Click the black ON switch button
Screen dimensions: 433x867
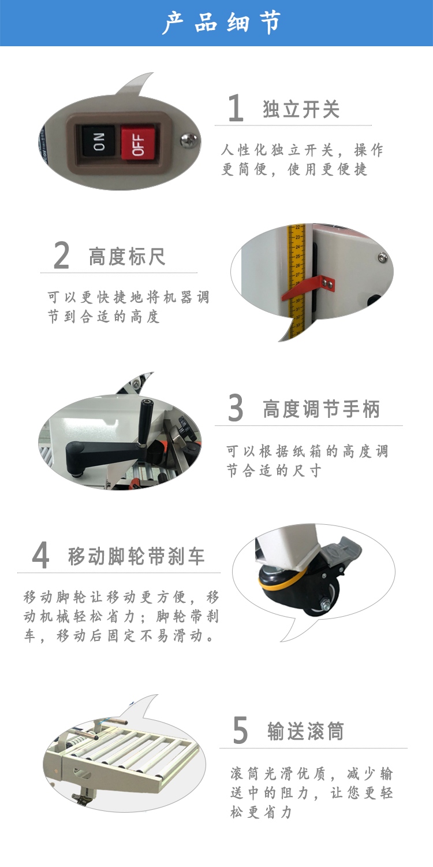click(99, 141)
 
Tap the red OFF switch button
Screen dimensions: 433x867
click(137, 142)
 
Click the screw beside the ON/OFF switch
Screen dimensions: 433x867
click(187, 139)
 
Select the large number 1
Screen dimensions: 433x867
click(236, 108)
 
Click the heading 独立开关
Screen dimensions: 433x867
click(301, 109)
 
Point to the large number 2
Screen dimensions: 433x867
click(61, 255)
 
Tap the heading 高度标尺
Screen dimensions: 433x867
click(127, 257)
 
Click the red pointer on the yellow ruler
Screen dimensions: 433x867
click(307, 288)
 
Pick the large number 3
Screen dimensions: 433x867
click(236, 407)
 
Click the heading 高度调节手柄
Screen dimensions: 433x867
click(321, 409)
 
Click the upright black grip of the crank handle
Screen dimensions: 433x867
click(145, 421)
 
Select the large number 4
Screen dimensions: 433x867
click(40, 555)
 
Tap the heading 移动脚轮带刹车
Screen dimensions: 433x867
click(136, 556)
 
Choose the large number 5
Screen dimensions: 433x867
click(240, 730)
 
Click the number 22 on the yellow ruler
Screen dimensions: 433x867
click(297, 227)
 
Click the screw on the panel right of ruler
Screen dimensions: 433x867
click(383, 257)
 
